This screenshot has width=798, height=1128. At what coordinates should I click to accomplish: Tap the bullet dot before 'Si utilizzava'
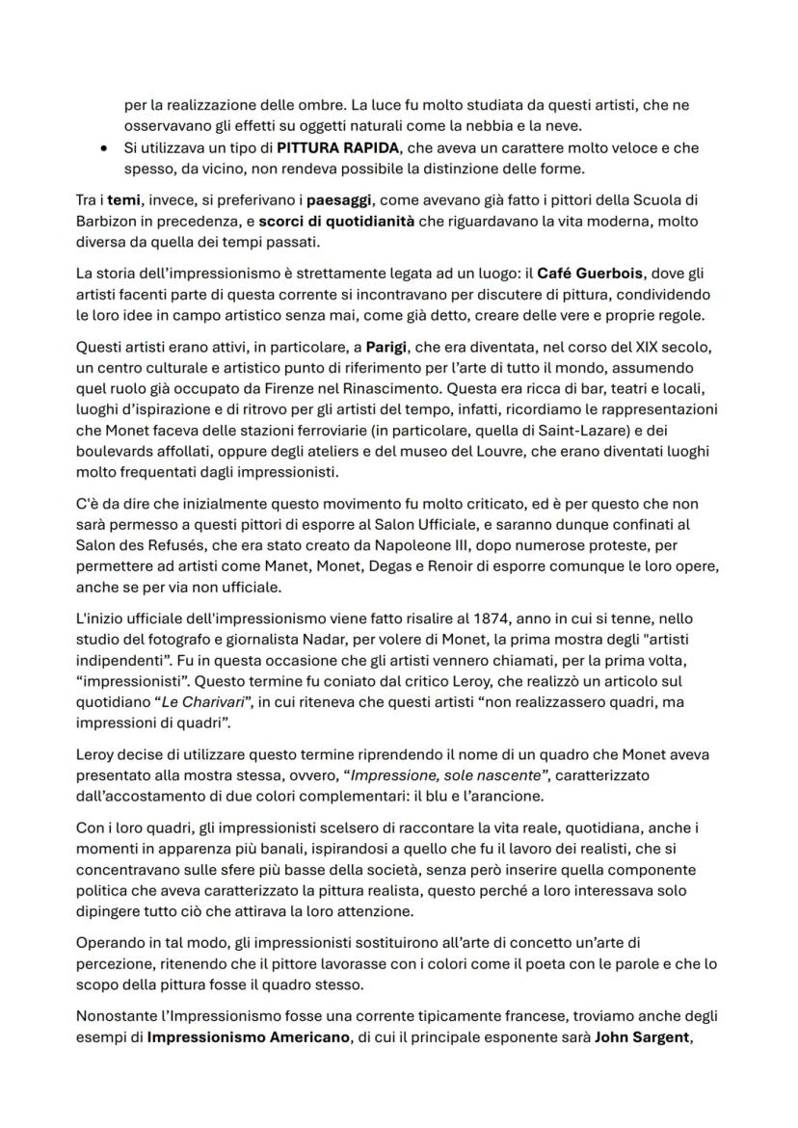tap(103, 148)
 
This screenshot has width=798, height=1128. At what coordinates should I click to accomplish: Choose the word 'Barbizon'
tap(106, 221)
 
